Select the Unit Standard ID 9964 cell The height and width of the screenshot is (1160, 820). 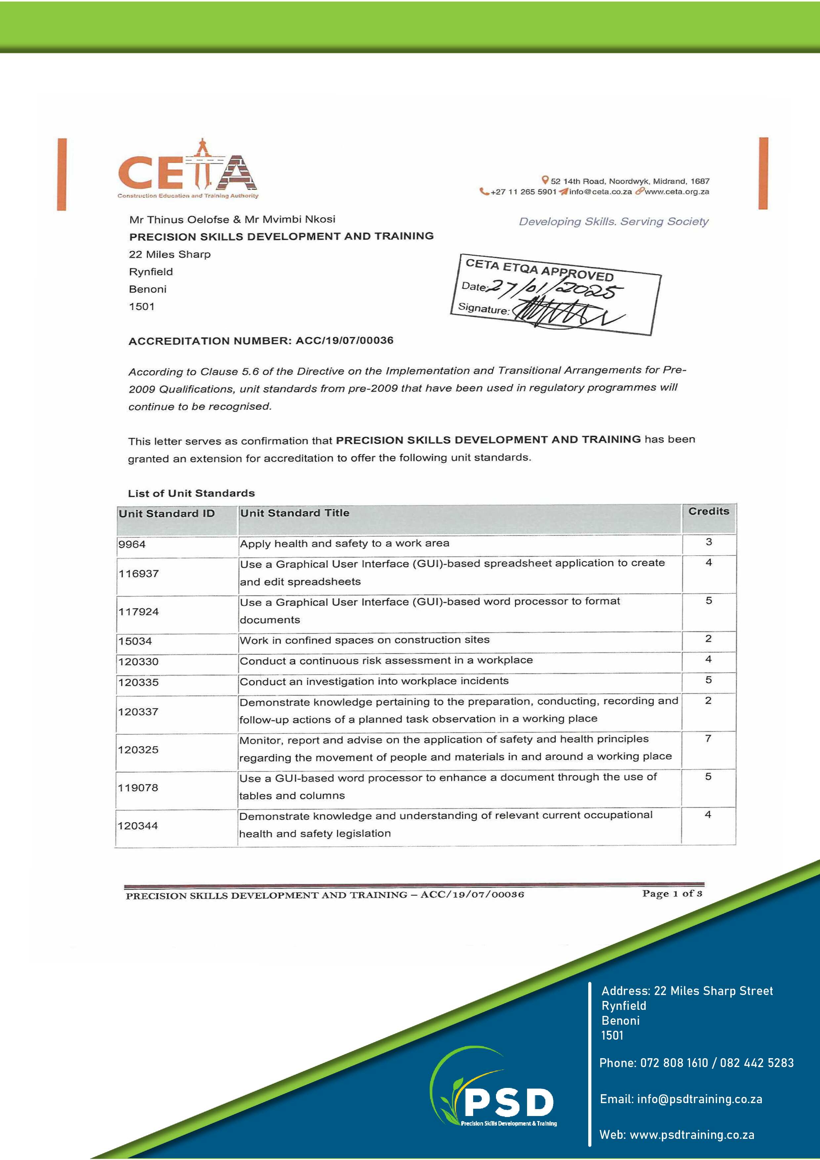click(x=132, y=545)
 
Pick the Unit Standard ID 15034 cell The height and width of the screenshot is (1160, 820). click(x=136, y=641)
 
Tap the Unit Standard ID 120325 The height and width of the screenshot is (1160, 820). click(x=139, y=750)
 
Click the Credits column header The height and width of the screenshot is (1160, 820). click(x=708, y=511)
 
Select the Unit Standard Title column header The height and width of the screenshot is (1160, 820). click(x=295, y=513)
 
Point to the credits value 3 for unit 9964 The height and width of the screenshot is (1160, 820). click(x=708, y=542)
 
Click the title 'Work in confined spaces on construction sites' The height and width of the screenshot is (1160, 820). click(x=364, y=640)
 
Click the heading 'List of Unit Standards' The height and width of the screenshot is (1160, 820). click(x=191, y=493)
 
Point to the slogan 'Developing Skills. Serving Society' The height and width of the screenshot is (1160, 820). click(x=613, y=221)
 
